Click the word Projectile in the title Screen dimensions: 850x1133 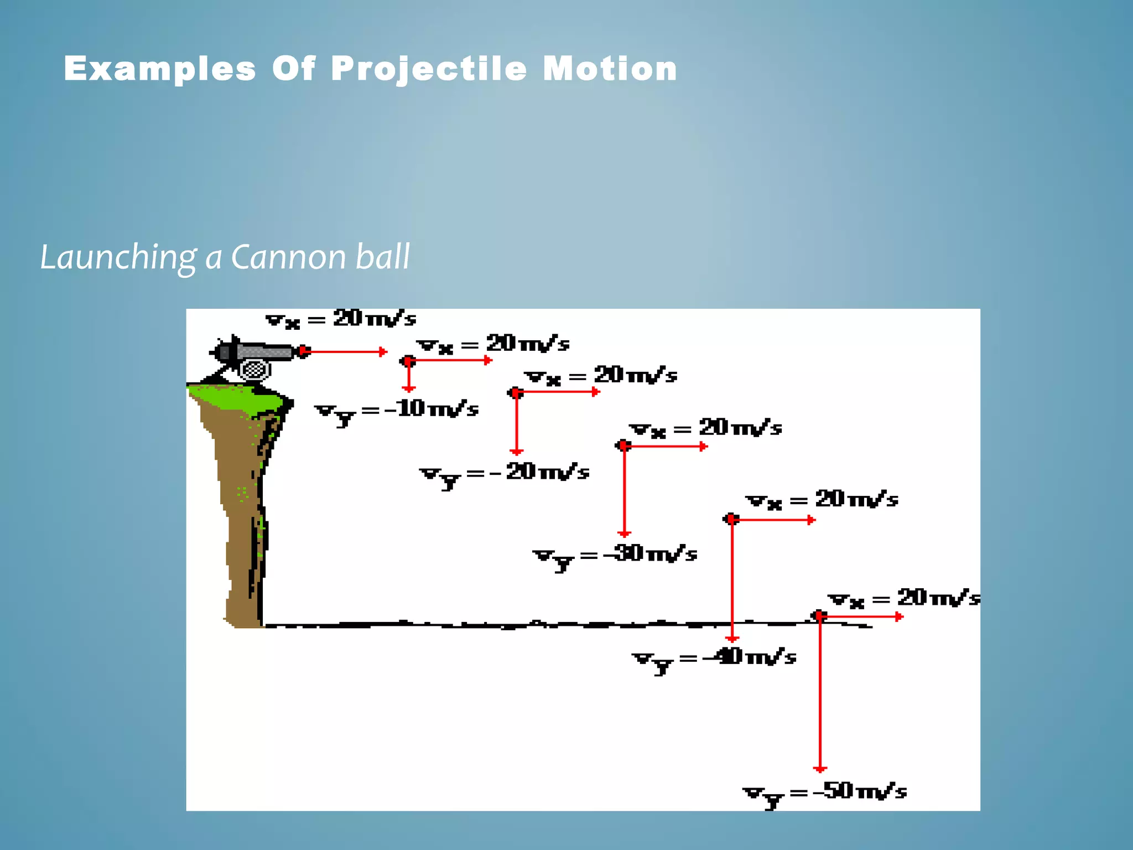point(429,69)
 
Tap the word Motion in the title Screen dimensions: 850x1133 point(610,69)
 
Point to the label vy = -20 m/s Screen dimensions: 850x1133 point(504,474)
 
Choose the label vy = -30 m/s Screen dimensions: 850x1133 point(615,555)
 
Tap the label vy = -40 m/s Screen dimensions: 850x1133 point(714,659)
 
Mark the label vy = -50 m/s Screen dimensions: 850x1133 point(824,793)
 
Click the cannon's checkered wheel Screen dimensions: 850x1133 point(255,370)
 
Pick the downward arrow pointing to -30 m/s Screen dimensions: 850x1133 point(625,493)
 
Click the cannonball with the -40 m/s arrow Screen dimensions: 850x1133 point(731,519)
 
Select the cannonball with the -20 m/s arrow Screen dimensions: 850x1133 point(516,393)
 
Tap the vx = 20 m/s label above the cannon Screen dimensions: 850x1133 point(341,319)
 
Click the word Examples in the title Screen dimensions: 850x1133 point(160,69)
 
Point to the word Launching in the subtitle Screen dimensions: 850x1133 point(118,258)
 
